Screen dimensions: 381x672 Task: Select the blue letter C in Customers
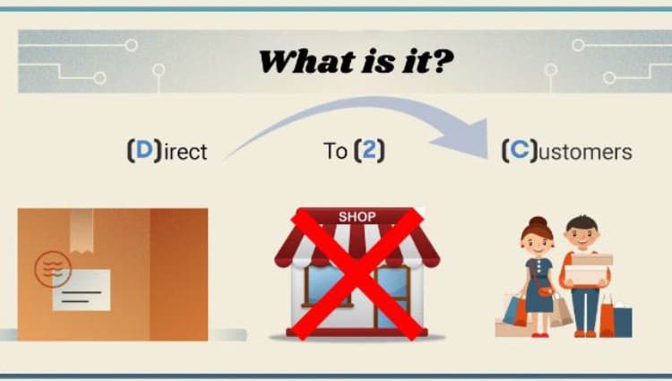click(518, 151)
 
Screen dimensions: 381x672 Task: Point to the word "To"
click(335, 151)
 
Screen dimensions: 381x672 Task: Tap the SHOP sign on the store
click(357, 217)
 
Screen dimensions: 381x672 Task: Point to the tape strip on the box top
click(81, 224)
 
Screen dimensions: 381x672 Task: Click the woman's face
click(538, 240)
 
